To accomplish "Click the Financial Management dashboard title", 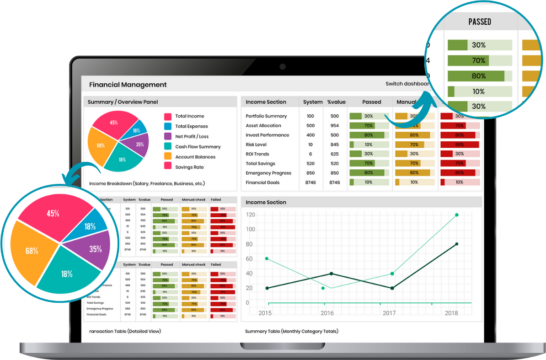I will pos(128,85).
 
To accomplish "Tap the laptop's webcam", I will pos(282,67).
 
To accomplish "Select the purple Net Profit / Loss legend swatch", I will pos(168,136).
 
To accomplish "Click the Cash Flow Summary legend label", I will pos(198,147).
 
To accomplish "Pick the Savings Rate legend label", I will pos(189,167).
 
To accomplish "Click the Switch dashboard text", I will pos(407,84).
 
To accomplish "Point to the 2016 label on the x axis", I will pos(327,313).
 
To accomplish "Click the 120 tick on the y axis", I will pos(250,215).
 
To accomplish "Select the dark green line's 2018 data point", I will pos(456,244).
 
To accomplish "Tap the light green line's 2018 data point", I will pos(456,215).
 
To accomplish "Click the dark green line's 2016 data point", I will pos(332,274).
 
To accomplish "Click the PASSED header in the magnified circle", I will pos(480,22).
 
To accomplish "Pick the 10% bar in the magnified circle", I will pos(478,91).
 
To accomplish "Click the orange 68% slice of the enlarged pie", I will pos(32,250).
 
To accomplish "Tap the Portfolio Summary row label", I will pos(266,116).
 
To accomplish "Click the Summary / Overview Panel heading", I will pos(123,102).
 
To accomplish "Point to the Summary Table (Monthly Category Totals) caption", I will pos(292,331).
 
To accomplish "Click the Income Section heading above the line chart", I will pos(266,202).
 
